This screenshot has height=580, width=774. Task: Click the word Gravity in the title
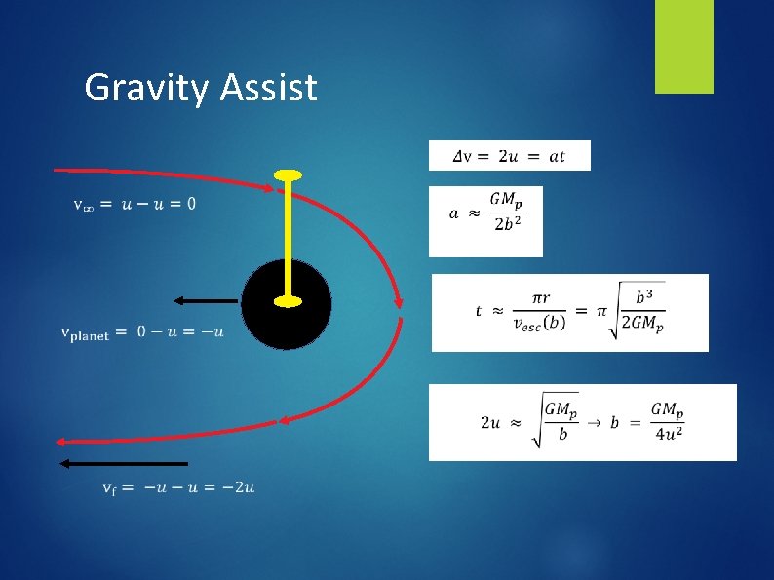click(x=147, y=88)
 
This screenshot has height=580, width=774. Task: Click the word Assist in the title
click(x=268, y=88)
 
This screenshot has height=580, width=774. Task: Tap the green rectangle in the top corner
click(x=683, y=46)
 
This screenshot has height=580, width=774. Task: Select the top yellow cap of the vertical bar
click(x=288, y=175)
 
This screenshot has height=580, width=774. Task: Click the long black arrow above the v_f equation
click(x=123, y=463)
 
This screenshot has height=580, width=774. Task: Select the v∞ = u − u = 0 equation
click(x=135, y=204)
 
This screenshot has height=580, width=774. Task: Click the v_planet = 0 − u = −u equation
click(x=142, y=332)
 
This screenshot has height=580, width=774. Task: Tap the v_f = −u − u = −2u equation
click(x=178, y=487)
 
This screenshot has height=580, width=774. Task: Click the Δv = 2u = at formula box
click(x=509, y=156)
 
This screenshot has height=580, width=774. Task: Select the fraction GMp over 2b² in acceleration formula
click(x=506, y=212)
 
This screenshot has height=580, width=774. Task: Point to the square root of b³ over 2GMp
click(x=638, y=311)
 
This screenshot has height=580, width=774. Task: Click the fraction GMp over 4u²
click(x=668, y=421)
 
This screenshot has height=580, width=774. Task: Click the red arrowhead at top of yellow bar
click(x=272, y=187)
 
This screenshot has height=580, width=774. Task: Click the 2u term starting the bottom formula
click(x=491, y=422)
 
